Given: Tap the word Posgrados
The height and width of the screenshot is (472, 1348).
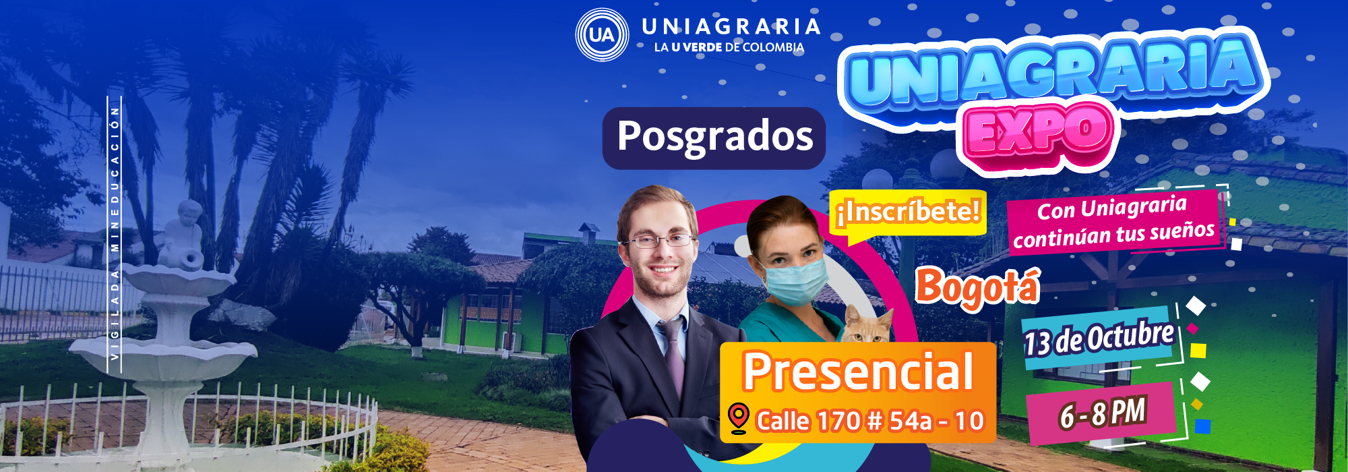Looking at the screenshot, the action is point(715,137).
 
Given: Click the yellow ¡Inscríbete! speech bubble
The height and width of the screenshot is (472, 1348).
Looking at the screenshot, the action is point(908,214).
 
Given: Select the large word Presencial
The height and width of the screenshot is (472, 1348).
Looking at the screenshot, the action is point(858,372).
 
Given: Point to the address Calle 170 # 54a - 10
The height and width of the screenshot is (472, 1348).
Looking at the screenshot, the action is point(870,421).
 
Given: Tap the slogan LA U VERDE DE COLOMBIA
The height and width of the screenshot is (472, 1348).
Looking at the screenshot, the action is point(729,47).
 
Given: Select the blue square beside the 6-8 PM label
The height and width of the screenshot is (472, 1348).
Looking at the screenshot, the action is point(1202,426).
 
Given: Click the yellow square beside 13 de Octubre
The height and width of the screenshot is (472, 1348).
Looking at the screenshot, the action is point(1198,351).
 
